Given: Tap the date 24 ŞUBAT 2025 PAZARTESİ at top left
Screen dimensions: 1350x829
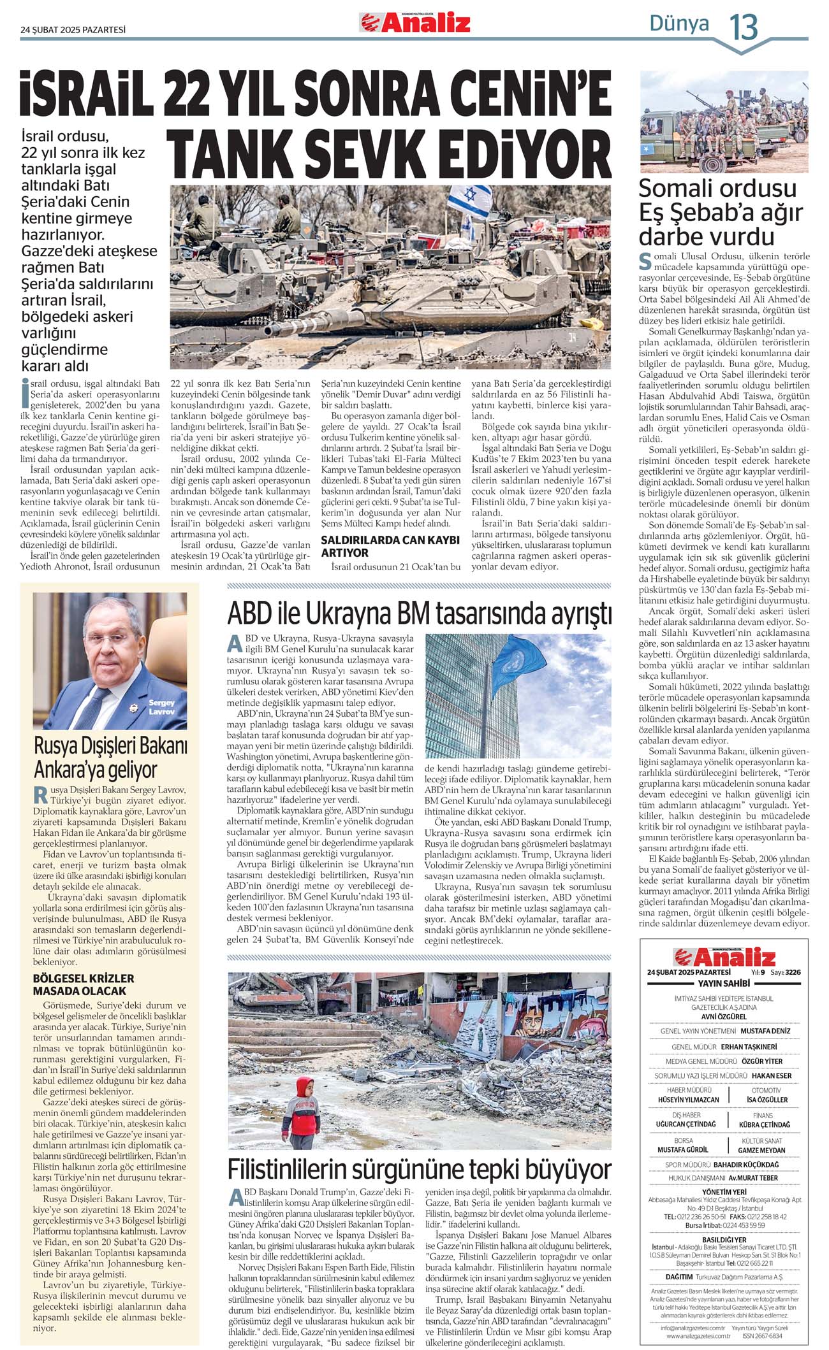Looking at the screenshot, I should pos(73,29).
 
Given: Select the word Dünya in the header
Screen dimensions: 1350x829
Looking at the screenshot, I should pos(679,24).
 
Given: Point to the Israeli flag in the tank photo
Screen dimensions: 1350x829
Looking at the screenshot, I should pos(470,200).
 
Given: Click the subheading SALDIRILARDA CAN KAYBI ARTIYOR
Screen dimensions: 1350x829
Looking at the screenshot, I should pos(390,546).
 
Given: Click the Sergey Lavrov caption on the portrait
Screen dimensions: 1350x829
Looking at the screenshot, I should pos(161,707).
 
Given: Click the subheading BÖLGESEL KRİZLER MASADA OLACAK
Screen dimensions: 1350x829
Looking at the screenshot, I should pos(84,984).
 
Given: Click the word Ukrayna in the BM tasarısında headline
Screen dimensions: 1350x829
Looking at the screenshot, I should pos(349,614).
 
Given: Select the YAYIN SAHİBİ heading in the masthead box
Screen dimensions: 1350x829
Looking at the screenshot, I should pos(724,984).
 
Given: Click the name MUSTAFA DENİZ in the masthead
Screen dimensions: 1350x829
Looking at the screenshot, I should pos(765,1031).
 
